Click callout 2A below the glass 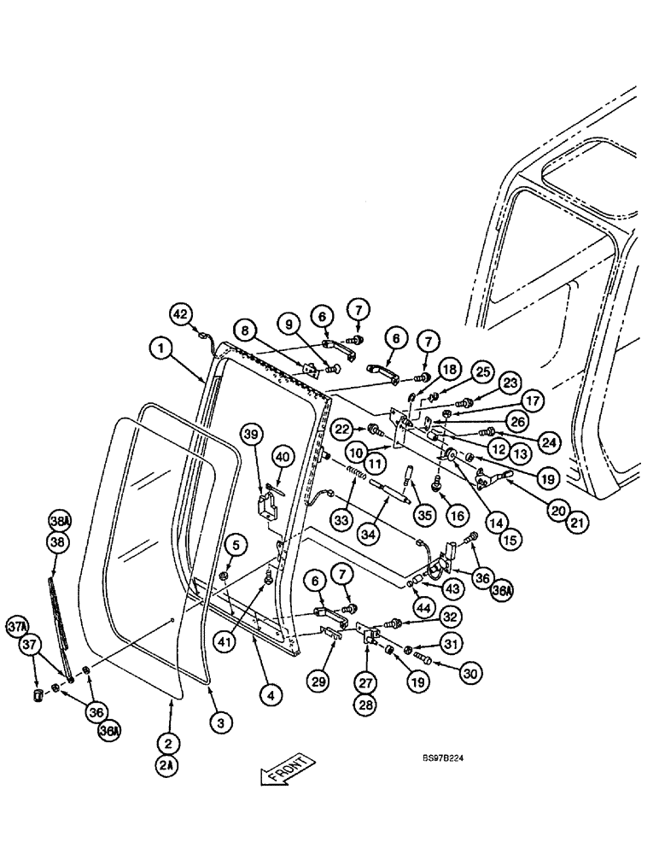click(x=167, y=765)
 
